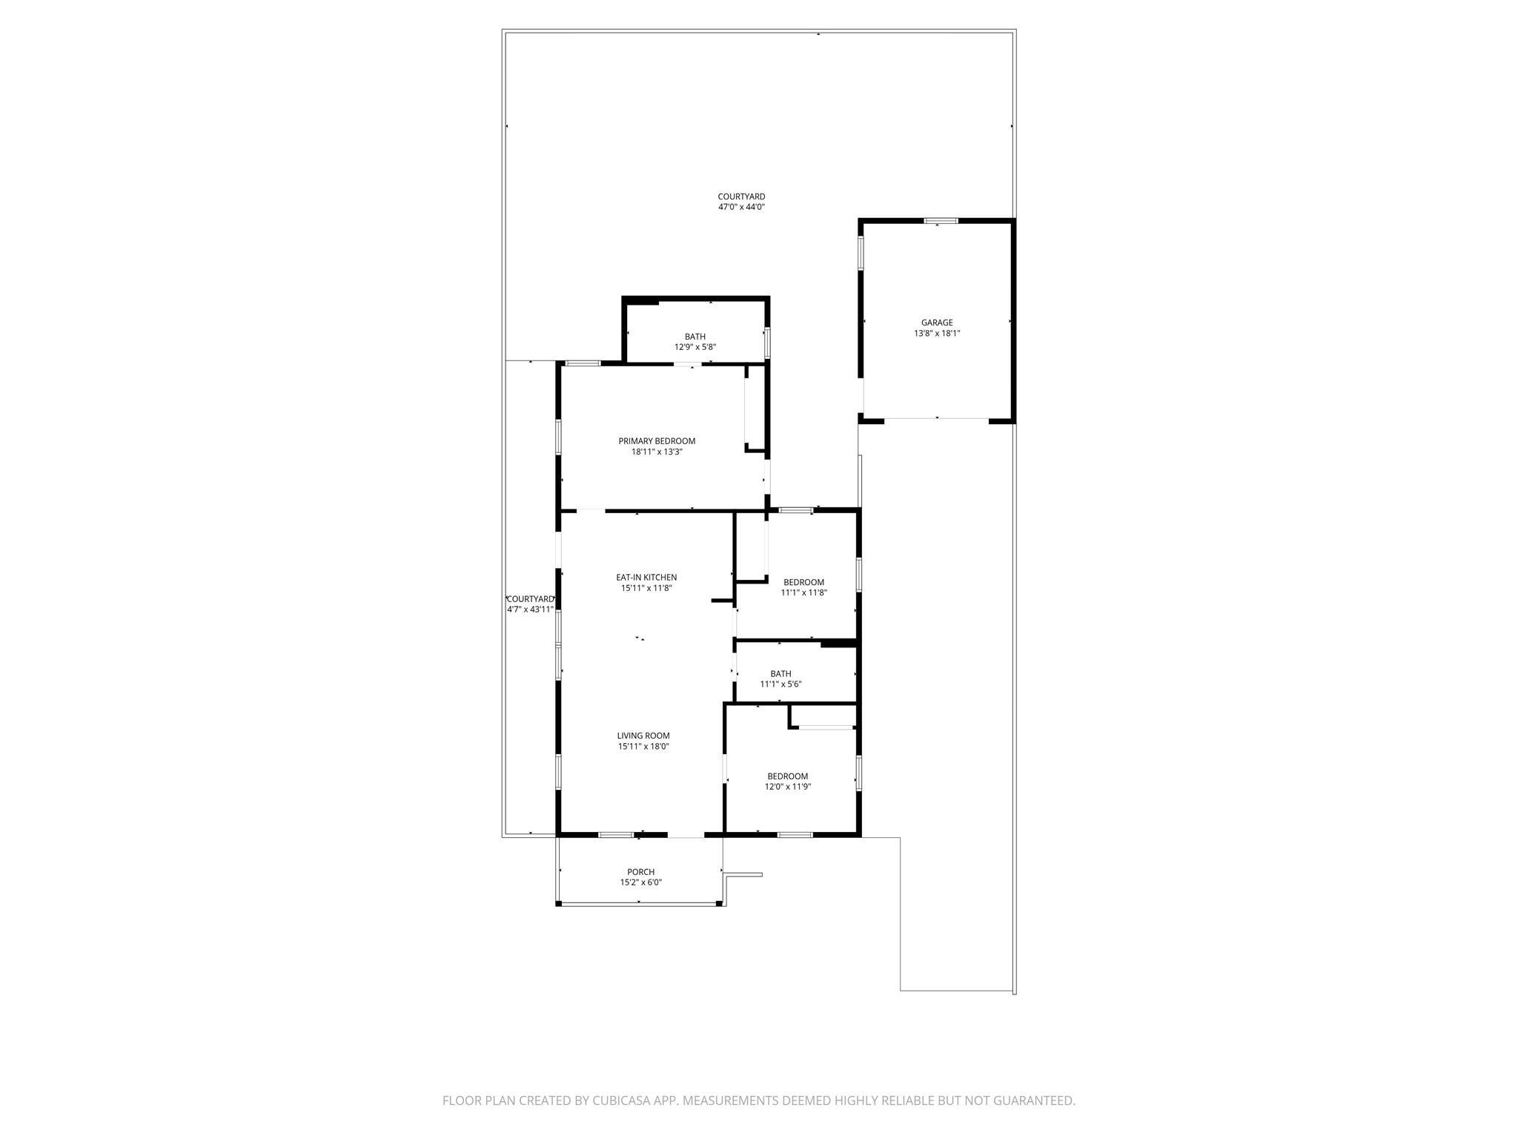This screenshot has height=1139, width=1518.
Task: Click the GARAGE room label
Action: (x=937, y=323)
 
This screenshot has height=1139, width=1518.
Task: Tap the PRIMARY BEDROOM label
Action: (x=657, y=441)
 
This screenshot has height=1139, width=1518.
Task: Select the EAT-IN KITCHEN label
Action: (x=646, y=578)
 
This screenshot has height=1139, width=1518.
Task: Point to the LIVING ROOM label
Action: (x=643, y=736)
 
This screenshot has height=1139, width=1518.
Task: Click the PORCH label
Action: (x=641, y=872)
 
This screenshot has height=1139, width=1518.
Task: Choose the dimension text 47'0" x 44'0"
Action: (x=741, y=208)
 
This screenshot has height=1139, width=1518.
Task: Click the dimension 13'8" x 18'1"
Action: (x=937, y=334)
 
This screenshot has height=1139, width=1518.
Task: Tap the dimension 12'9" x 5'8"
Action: (x=695, y=347)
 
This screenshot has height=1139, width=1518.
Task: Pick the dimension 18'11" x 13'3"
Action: (x=657, y=452)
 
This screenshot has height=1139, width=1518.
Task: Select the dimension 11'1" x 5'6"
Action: (x=780, y=684)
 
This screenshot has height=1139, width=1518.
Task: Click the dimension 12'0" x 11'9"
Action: (x=788, y=787)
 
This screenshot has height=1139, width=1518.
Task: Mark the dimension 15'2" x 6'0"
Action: (x=641, y=882)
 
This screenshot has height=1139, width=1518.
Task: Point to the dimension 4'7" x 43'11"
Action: (x=530, y=610)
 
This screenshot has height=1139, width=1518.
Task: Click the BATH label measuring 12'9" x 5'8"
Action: (x=695, y=337)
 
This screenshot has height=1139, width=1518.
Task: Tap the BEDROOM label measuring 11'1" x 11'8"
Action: (x=803, y=582)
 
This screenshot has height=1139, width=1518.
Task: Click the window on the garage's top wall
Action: (x=941, y=220)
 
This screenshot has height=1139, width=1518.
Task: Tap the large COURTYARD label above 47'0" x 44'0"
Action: (x=741, y=197)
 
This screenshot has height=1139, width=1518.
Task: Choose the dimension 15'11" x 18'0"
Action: (x=643, y=747)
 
